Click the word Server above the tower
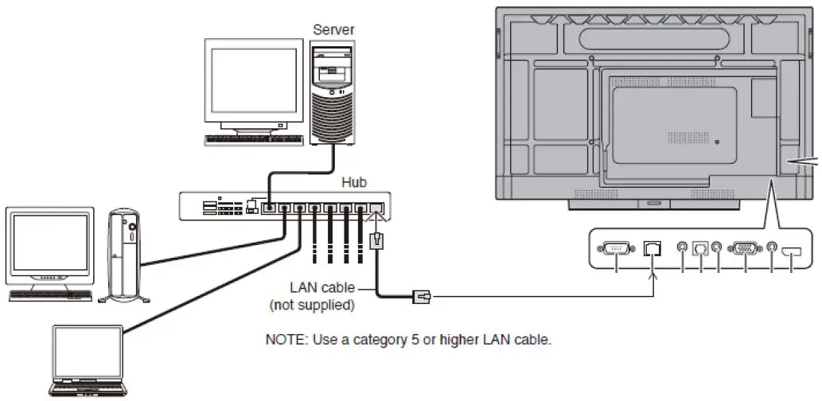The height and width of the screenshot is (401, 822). point(333,29)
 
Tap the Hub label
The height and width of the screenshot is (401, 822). point(355,182)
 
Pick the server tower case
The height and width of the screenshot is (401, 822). point(333,91)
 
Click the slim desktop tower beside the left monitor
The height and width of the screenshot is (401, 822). point(124,255)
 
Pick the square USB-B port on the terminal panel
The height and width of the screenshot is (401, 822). point(700,247)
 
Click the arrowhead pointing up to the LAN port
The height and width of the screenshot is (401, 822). point(653,275)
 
